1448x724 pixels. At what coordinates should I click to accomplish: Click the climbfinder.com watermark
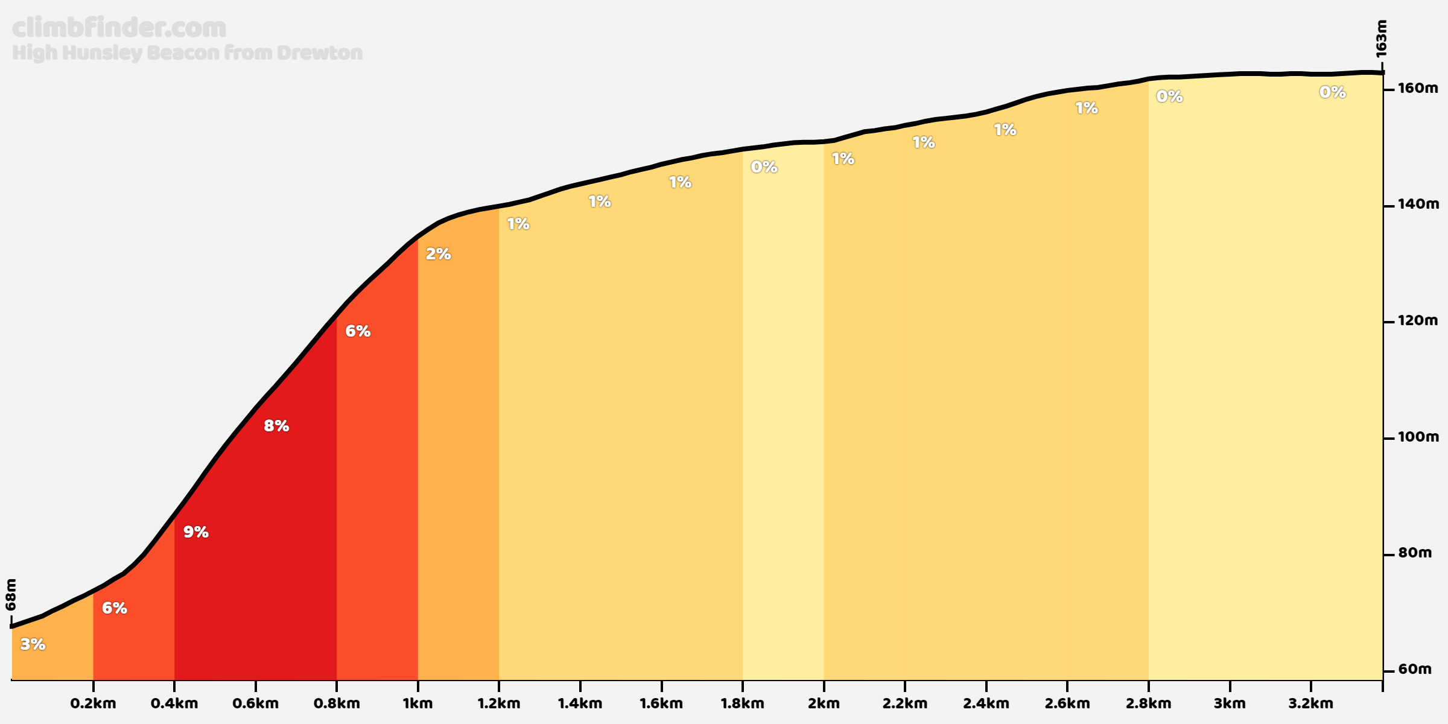[119, 28]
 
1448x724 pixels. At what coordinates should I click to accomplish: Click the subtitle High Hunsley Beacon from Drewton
[187, 53]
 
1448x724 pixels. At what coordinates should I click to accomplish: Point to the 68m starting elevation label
[11, 594]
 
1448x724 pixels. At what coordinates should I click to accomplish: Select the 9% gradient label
[195, 532]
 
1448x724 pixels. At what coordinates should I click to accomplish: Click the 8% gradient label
[276, 426]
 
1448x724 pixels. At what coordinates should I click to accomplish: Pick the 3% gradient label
[33, 644]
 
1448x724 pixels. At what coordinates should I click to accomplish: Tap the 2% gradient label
[438, 254]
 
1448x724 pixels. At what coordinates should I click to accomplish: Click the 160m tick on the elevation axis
[1418, 89]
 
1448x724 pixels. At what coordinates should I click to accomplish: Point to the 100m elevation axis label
[1418, 437]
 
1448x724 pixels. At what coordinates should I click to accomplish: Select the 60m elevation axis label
[1415, 669]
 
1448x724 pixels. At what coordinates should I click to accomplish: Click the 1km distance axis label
[418, 703]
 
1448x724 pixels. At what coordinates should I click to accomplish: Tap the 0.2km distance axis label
[93, 703]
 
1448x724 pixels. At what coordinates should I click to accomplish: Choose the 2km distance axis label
[824, 703]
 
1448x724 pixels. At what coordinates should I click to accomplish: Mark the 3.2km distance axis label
[1310, 703]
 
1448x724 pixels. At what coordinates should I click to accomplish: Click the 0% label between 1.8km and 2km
[764, 167]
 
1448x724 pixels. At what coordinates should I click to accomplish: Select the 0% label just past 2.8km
[1169, 97]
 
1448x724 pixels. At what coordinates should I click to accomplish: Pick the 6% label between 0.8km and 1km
[357, 331]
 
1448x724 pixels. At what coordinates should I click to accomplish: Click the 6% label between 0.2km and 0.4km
[114, 608]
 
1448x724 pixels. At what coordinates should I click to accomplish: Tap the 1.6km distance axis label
[661, 703]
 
